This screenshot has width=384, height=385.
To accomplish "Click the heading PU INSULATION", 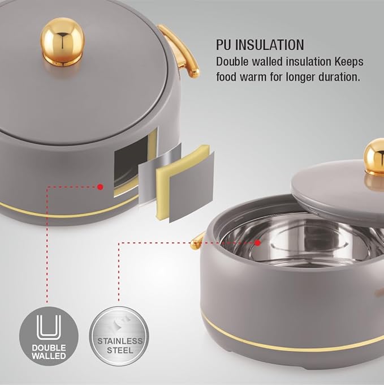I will coord(260,45).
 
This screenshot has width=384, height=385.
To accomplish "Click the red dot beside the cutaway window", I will coord(100,186).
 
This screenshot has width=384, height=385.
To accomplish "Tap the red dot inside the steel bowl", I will coord(257,242).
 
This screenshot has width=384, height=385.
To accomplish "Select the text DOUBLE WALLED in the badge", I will coord(49,351).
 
